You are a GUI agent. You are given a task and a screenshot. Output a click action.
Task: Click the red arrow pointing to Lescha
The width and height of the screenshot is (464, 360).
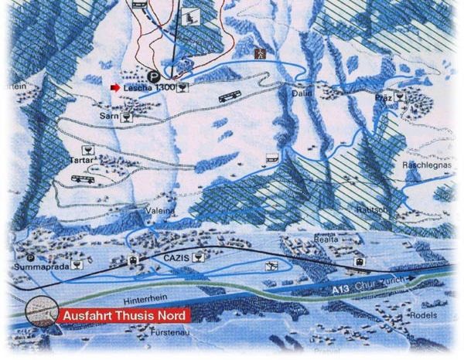tap(115, 88)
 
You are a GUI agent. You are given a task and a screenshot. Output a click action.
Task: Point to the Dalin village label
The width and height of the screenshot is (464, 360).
tap(302, 93)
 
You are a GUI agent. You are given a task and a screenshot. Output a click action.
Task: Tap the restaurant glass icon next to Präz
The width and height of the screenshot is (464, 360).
tap(400, 97)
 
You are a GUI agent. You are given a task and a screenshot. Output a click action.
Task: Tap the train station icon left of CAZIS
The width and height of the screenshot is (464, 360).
tap(134, 260)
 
